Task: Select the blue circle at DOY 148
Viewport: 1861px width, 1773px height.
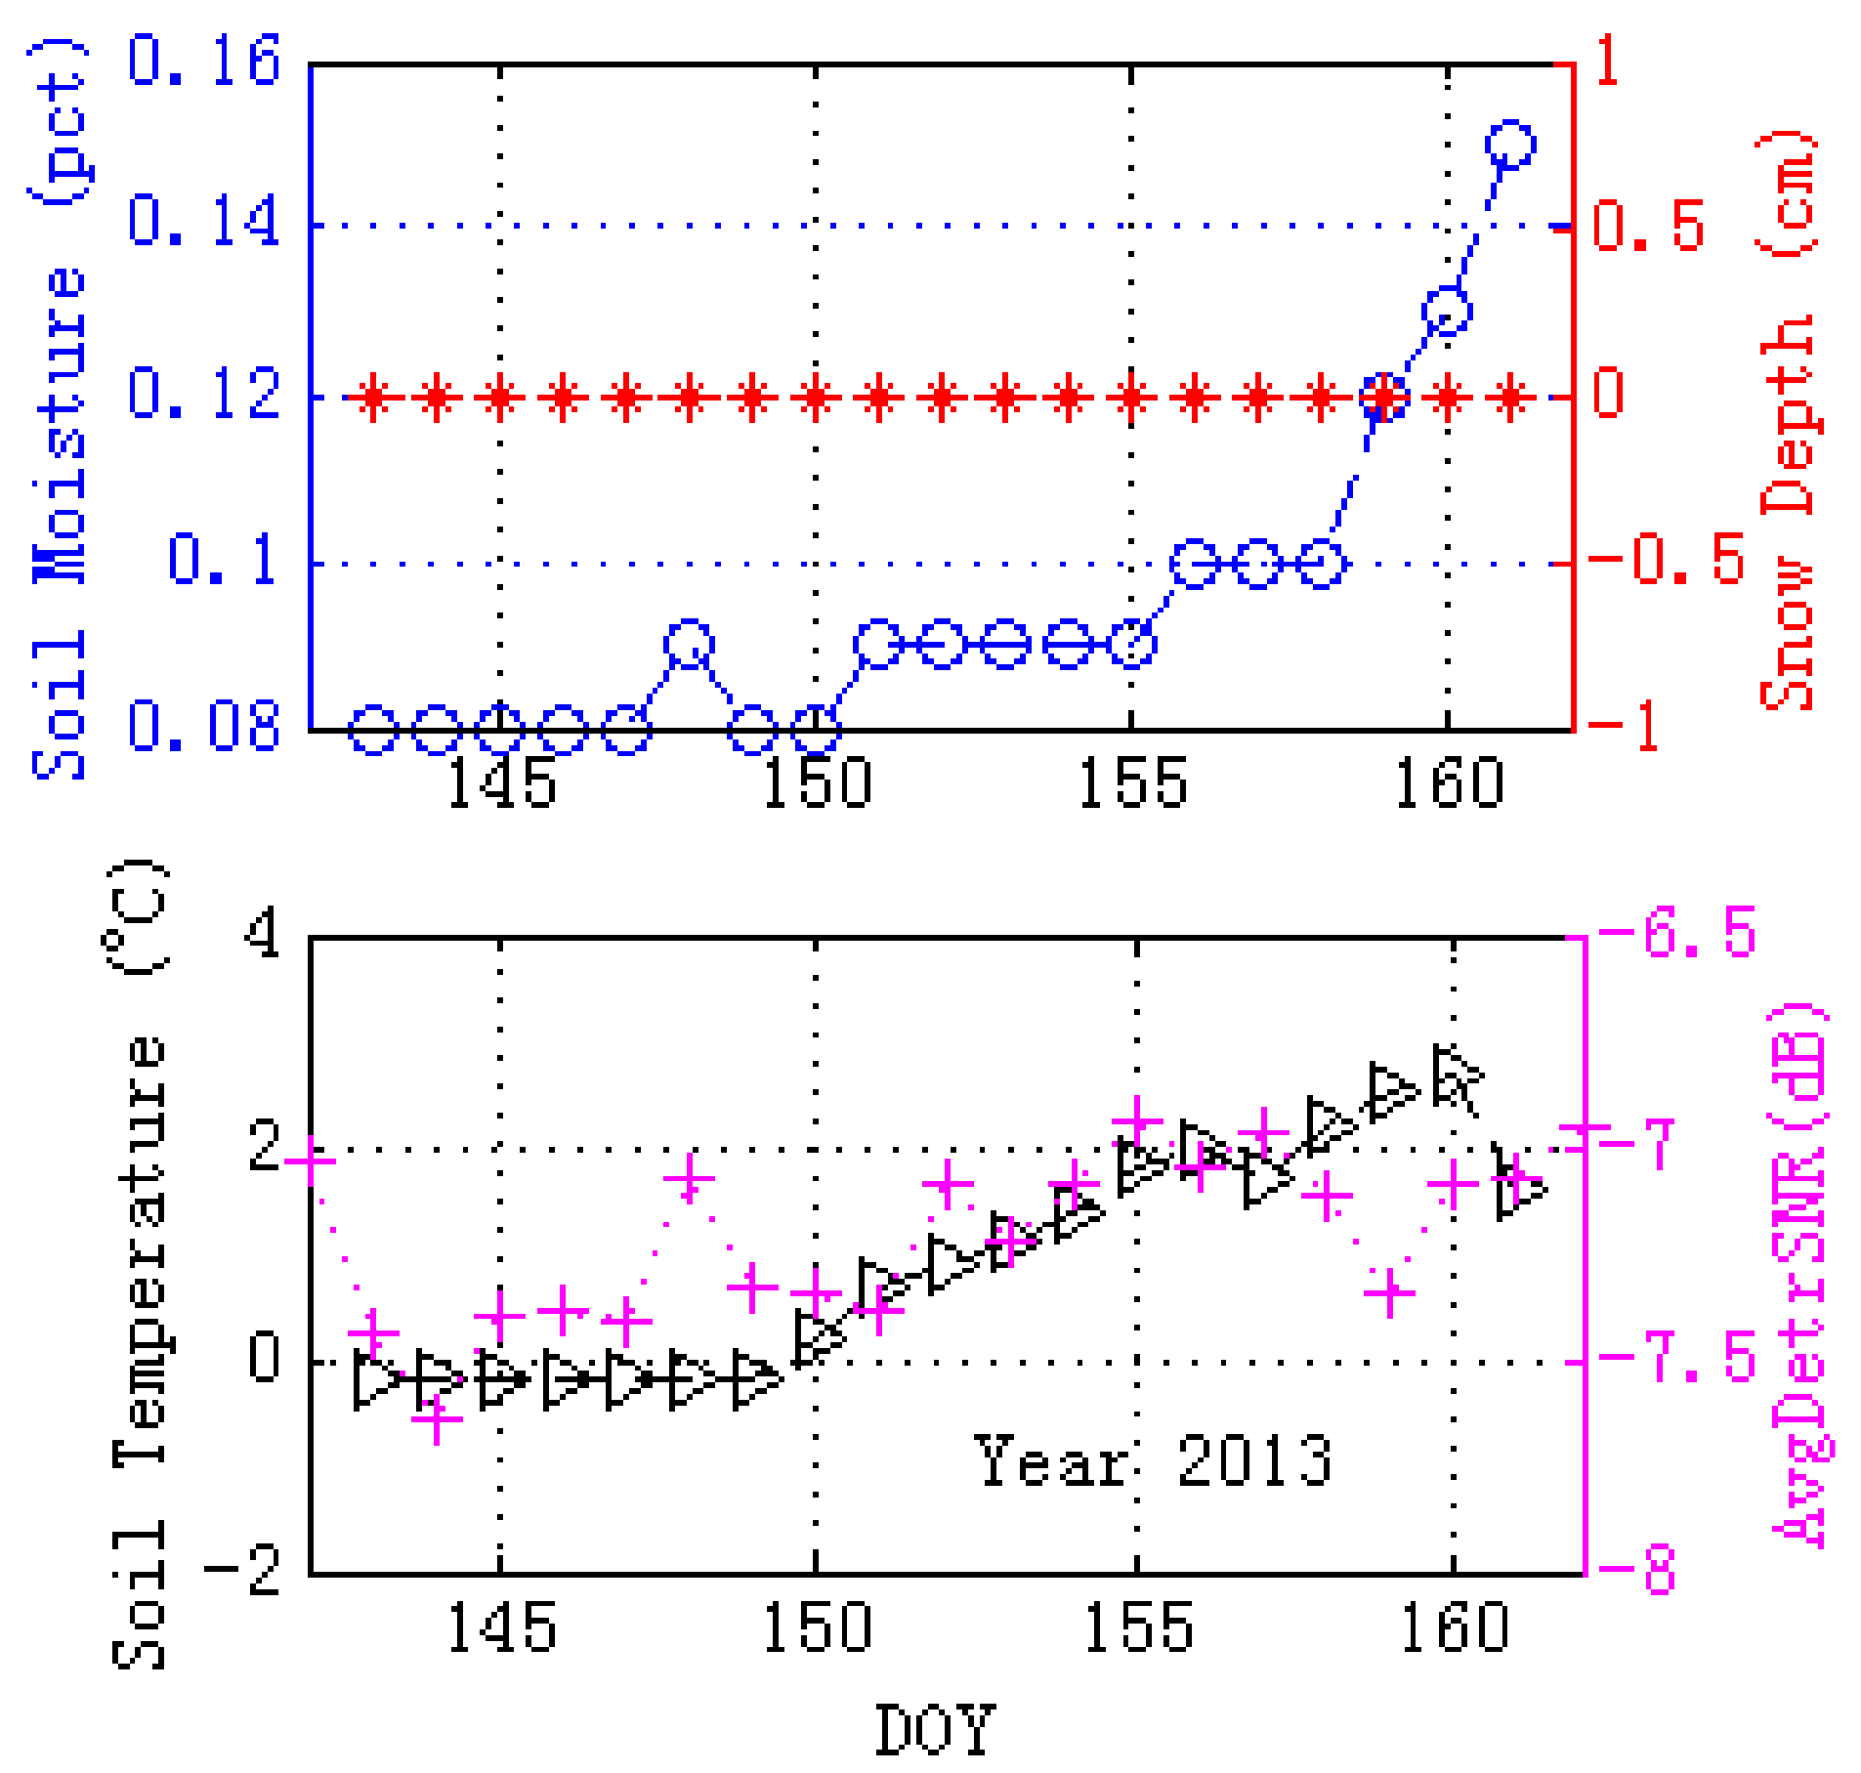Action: pos(689,645)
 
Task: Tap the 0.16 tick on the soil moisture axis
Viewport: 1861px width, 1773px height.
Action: pos(204,61)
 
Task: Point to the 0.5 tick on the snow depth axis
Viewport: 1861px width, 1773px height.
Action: pos(1649,227)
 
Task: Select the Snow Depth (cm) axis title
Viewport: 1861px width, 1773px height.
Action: pos(1787,420)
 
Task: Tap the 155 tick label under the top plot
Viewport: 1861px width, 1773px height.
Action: pos(1132,783)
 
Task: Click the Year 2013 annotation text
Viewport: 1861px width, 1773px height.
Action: pos(1153,1460)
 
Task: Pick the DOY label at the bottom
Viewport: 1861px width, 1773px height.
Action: pos(934,1729)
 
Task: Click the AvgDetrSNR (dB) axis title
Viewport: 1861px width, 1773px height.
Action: pos(1802,1275)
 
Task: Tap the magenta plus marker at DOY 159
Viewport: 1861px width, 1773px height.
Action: pos(1389,1293)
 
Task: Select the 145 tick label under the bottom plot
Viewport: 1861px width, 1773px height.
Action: pos(501,1627)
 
